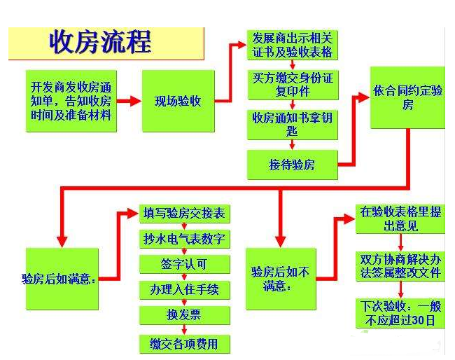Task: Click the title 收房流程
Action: point(100,43)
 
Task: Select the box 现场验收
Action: point(178,101)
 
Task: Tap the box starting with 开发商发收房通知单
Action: point(71,101)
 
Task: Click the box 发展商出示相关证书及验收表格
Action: point(293,46)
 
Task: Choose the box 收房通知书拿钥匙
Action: point(293,125)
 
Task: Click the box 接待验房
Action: point(293,165)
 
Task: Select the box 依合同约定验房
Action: point(407,97)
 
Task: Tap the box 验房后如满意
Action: point(62,279)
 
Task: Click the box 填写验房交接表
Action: point(185,214)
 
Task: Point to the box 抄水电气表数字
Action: point(185,240)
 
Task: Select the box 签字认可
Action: point(185,265)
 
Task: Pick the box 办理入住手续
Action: point(185,290)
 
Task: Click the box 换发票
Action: point(185,315)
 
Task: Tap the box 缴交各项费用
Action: point(185,345)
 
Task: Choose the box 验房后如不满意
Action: point(281,279)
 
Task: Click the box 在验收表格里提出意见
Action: point(400,219)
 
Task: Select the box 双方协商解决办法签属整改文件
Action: point(400,266)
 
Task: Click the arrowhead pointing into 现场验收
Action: point(136,101)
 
